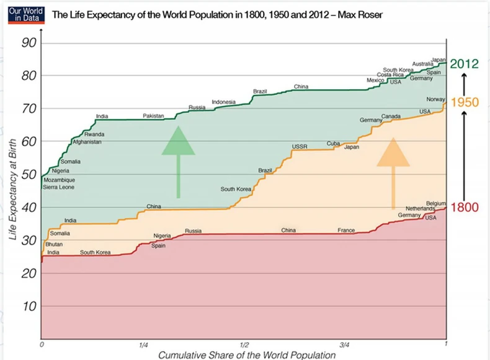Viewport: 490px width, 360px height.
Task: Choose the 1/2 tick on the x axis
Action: click(244, 345)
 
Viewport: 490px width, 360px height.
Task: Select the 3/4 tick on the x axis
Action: click(345, 345)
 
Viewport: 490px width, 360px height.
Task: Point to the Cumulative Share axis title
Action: click(247, 355)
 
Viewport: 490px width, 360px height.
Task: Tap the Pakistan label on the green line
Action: click(153, 116)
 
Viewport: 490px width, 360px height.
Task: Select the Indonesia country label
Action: click(223, 102)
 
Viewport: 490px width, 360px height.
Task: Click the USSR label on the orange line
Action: click(300, 147)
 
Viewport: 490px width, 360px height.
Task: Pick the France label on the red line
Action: click(346, 230)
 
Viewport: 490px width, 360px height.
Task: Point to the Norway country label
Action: click(436, 100)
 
